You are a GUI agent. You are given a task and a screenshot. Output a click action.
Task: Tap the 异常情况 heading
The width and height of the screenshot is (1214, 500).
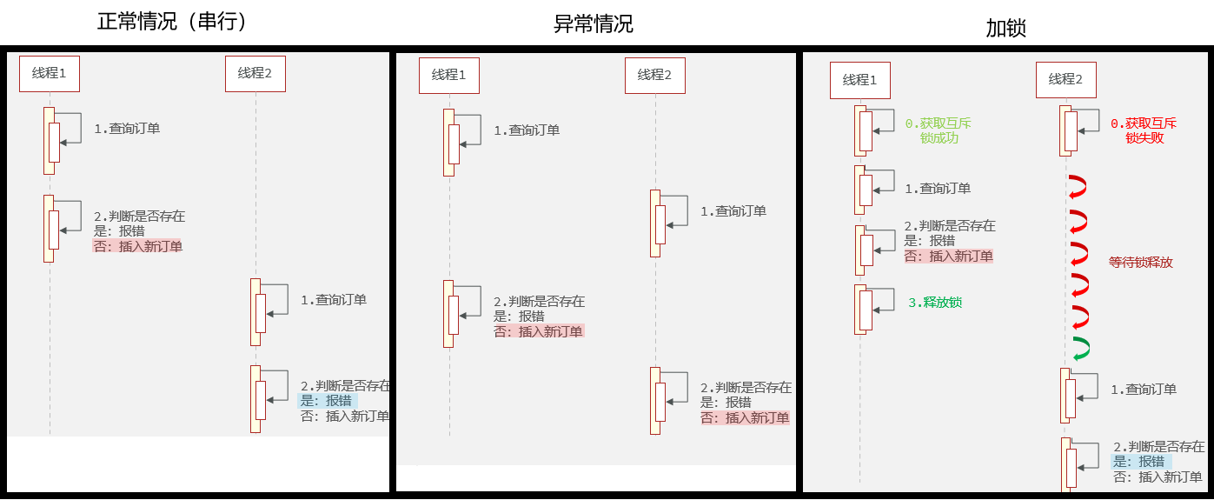[x=594, y=23]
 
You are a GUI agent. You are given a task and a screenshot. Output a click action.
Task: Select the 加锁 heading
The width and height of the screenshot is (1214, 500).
[x=1005, y=28]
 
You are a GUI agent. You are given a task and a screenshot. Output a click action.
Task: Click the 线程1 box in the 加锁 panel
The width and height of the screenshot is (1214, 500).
[x=859, y=80]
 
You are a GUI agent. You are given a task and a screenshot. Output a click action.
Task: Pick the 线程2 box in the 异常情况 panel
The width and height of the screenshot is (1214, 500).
[x=654, y=75]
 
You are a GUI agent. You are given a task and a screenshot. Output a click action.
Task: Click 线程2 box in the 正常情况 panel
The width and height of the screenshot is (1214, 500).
[x=255, y=73]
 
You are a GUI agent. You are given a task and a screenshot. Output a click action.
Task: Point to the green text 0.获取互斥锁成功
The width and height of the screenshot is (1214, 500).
[x=939, y=130]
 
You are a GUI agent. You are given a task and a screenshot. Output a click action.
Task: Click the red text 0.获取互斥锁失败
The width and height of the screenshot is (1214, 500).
[x=1144, y=130]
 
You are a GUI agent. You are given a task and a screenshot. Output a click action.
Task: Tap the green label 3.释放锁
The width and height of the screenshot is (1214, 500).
[x=935, y=303]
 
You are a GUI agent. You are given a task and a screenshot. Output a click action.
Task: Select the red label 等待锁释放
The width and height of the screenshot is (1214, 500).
[x=1141, y=262]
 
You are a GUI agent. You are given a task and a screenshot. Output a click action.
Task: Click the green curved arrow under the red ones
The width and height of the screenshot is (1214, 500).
[x=1080, y=348]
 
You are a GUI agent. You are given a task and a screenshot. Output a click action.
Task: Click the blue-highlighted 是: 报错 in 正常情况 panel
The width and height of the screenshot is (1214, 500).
[x=327, y=401]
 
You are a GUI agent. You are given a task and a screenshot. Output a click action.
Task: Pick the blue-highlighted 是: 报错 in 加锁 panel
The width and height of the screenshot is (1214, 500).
[x=1140, y=462]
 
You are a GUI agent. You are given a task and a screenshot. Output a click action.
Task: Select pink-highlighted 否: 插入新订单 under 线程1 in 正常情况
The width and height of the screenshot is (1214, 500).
[x=138, y=246]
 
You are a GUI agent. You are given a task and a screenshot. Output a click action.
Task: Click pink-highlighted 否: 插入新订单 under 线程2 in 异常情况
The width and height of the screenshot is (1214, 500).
[x=746, y=417]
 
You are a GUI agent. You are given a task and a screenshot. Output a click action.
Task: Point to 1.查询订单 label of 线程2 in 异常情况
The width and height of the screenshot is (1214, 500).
[x=733, y=210]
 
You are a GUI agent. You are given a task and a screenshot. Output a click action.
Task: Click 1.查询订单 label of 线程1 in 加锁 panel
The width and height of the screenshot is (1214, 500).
[x=938, y=188]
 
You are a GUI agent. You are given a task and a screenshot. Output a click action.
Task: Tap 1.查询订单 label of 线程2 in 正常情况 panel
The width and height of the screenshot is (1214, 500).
[x=334, y=299]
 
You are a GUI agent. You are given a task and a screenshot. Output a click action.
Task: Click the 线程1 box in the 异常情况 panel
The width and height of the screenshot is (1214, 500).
[x=448, y=75]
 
